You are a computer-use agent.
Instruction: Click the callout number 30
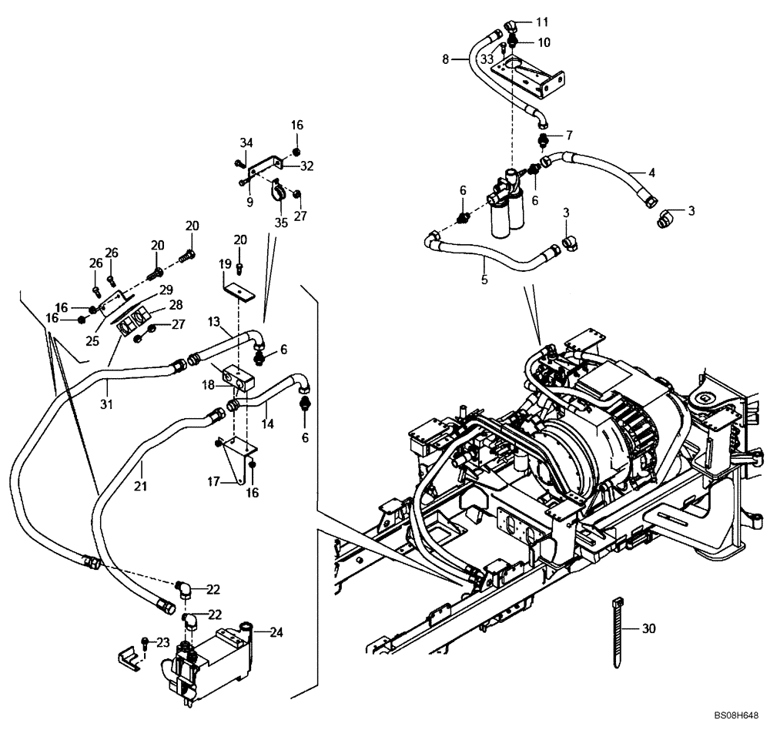(648, 628)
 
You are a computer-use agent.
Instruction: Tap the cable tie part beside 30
(618, 630)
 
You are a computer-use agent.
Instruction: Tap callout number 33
(487, 58)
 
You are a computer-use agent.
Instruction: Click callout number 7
(569, 136)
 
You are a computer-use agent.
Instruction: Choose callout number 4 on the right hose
(629, 172)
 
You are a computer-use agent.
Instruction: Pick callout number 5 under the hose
(484, 280)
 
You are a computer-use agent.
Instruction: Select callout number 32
(306, 165)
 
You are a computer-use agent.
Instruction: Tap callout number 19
(226, 264)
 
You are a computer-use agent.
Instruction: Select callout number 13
(213, 320)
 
